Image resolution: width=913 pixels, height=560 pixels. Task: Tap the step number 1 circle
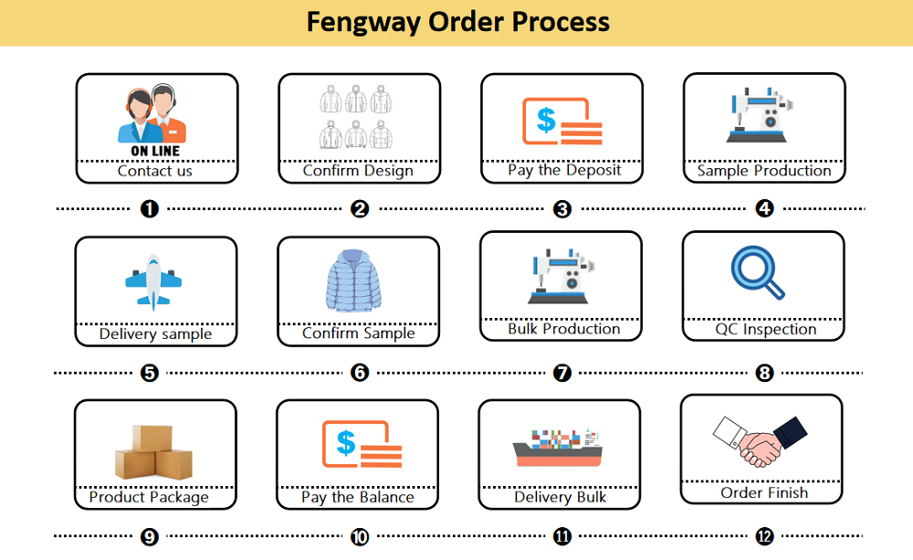tap(150, 208)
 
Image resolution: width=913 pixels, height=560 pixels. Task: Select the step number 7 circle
tap(561, 373)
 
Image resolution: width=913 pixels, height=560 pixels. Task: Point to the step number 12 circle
tap(764, 536)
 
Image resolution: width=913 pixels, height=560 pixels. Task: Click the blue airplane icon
tap(153, 282)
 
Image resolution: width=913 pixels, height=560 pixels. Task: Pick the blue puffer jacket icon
tap(353, 280)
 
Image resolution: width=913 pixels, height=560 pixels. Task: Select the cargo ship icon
tap(557, 448)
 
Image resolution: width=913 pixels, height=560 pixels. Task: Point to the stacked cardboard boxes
tap(153, 452)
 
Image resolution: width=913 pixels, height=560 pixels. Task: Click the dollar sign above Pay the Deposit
tap(546, 120)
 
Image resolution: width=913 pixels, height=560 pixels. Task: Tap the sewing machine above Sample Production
tap(760, 115)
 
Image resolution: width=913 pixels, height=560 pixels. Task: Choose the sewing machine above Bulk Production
tap(561, 276)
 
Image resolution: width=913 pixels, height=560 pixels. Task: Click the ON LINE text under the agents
tap(155, 151)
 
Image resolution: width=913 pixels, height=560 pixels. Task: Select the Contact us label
tap(155, 171)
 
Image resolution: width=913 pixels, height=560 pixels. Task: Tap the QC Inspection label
tap(766, 329)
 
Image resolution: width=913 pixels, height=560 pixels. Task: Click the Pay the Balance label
tap(358, 497)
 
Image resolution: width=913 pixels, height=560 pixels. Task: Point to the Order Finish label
tap(764, 493)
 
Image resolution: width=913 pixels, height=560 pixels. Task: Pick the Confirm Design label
tap(358, 171)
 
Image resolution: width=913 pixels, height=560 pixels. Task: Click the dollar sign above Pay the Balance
tap(346, 443)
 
